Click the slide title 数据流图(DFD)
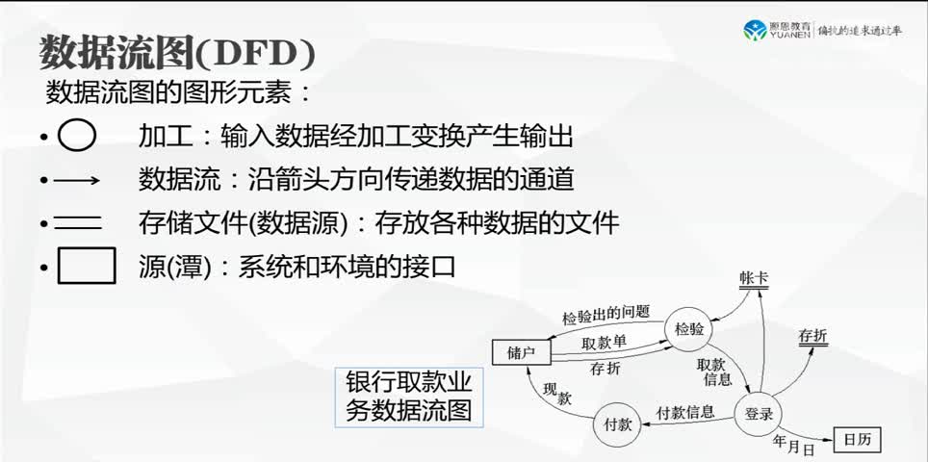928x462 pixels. click(x=177, y=54)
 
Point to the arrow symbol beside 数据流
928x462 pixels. click(x=77, y=180)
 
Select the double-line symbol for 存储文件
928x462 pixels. click(x=77, y=223)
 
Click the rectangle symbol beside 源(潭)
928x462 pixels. click(x=87, y=266)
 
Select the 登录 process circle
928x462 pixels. click(x=760, y=414)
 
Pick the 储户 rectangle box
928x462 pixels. click(x=521, y=352)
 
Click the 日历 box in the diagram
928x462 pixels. click(x=856, y=440)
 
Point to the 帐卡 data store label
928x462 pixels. click(x=755, y=278)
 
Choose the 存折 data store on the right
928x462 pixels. click(x=812, y=337)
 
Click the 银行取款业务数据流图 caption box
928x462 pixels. click(x=409, y=397)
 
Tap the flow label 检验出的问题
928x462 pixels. click(x=606, y=313)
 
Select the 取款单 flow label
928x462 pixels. click(x=604, y=343)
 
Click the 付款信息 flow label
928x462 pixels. click(x=685, y=412)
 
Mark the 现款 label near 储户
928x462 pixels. click(x=557, y=393)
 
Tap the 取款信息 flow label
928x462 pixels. click(x=712, y=371)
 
